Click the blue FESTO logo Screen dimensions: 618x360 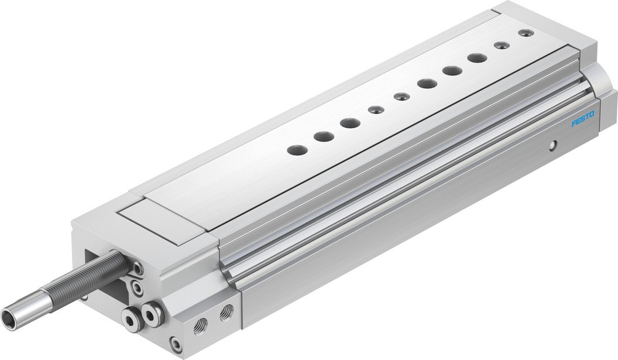coord(583,119)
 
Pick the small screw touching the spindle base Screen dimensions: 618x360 coord(138,269)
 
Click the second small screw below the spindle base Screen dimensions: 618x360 coord(137,287)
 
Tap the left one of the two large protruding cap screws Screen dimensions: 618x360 coord(132,318)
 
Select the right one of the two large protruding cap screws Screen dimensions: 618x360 coord(152,313)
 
